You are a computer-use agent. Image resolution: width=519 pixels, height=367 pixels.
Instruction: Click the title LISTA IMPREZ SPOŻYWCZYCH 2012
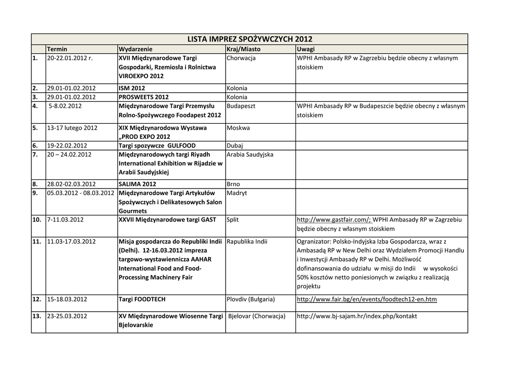249,39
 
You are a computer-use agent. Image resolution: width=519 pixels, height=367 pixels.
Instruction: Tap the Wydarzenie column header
135,49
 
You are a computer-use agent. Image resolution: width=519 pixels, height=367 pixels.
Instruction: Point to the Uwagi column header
306,49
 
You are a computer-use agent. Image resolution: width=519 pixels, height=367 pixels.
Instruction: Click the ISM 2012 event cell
132,88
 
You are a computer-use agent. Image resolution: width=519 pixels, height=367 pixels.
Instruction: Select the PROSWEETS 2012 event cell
143,97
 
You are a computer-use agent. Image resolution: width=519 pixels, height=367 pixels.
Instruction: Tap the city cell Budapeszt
241,106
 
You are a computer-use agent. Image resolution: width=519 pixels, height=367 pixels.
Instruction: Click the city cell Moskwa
238,128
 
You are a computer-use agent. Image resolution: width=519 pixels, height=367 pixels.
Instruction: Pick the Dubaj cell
235,145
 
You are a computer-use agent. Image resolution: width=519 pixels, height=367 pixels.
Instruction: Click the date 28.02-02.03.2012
71,184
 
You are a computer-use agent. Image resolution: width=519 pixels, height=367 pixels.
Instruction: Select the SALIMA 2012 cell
137,184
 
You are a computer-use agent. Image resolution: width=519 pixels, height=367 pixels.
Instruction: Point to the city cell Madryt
237,193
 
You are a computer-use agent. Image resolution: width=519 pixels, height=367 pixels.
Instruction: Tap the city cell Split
233,219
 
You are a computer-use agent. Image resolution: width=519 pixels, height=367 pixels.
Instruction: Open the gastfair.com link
334,219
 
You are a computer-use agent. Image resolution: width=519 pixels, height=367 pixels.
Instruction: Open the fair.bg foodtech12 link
366,299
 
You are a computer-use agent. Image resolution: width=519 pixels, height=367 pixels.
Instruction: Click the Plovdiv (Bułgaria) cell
251,299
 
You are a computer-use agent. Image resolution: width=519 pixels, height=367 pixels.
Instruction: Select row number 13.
36,316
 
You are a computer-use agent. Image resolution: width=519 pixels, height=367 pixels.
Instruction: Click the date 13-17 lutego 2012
72,128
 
